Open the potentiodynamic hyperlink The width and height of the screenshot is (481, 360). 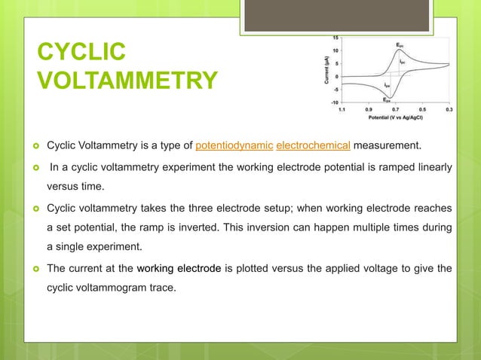(x=234, y=145)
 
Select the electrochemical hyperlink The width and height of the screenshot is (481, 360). (x=313, y=145)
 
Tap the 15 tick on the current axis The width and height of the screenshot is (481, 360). (x=334, y=38)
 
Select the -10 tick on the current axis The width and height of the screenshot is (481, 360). (x=333, y=101)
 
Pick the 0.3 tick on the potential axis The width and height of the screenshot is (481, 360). (x=449, y=109)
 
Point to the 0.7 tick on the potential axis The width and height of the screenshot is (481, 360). (x=396, y=109)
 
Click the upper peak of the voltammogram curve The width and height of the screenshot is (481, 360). (x=400, y=50)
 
